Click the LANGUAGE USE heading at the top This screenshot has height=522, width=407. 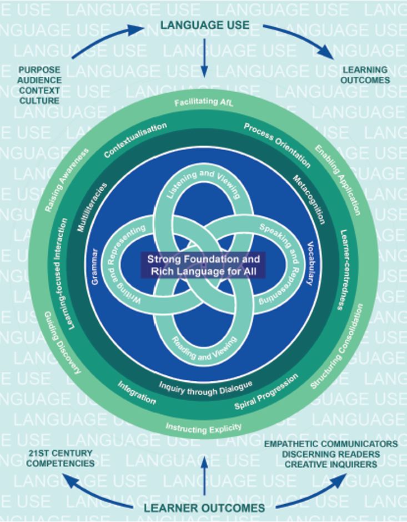[x=204, y=25]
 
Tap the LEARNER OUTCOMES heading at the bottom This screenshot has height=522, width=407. [x=204, y=508]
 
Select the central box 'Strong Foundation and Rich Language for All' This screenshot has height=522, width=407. [x=203, y=266]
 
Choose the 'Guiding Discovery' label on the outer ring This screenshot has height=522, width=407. [x=62, y=342]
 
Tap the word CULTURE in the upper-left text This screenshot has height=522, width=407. [x=39, y=101]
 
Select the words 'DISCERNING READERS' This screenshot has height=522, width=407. [x=330, y=454]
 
